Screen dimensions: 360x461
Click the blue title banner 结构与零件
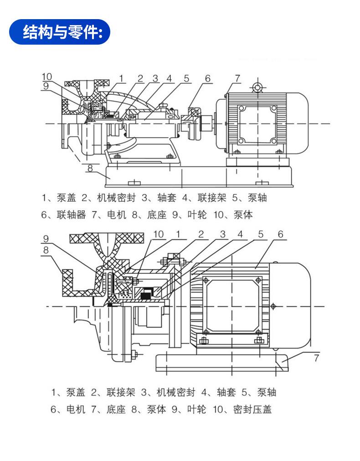click(x=60, y=32)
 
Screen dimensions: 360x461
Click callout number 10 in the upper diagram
click(x=46, y=77)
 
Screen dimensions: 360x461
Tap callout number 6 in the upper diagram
click(x=208, y=78)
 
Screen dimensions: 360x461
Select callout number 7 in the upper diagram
click(x=237, y=78)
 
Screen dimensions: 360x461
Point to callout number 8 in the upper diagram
click(x=90, y=168)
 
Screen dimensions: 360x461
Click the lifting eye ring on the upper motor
click(x=257, y=87)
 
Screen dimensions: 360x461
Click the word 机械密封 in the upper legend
click(x=116, y=198)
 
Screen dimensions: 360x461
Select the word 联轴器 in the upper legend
click(x=71, y=215)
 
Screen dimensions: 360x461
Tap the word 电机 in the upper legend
click(x=117, y=215)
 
